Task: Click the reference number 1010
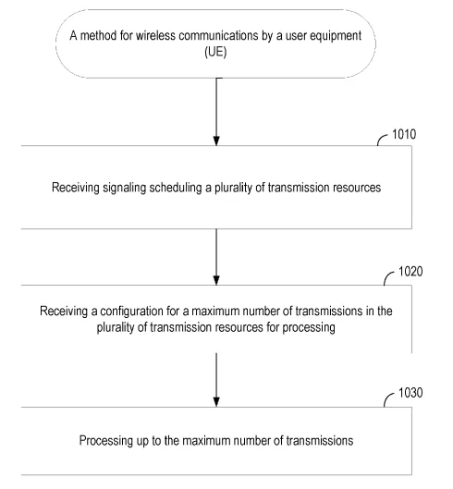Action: tap(404, 134)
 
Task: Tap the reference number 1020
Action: tap(410, 272)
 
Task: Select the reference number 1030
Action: tap(410, 393)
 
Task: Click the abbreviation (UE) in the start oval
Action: tap(215, 52)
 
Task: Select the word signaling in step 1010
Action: tap(124, 188)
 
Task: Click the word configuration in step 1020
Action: tap(131, 312)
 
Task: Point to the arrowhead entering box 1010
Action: tap(216, 141)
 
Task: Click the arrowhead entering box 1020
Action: tap(216, 280)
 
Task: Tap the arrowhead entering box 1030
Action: tap(216, 402)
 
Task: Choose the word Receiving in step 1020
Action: tap(64, 312)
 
